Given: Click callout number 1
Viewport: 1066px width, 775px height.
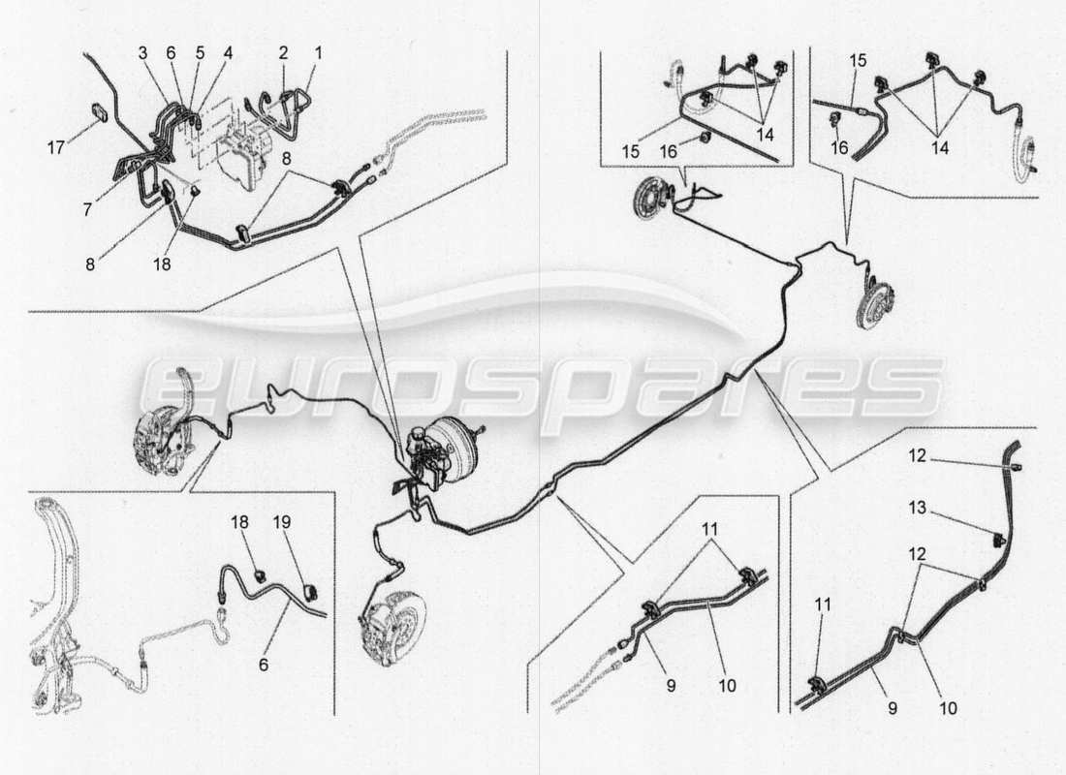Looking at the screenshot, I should pyautogui.click(x=317, y=51).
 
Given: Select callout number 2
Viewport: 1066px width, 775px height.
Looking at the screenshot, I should pyautogui.click(x=284, y=51).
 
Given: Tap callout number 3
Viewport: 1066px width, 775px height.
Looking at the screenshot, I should pyautogui.click(x=142, y=51).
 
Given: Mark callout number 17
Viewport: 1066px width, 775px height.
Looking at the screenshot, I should pyautogui.click(x=55, y=148).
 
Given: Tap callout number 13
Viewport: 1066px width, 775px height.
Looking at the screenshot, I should pyautogui.click(x=917, y=508).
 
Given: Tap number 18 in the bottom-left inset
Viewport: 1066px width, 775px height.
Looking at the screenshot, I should pyautogui.click(x=239, y=522).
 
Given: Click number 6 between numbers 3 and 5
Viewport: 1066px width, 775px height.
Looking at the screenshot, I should pyautogui.click(x=171, y=51).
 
